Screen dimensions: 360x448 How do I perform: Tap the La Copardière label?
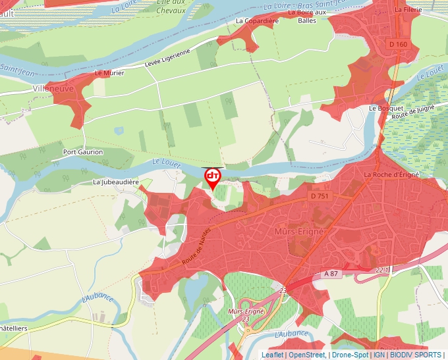(x=258, y=21)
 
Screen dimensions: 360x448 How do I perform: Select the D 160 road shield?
(x=398, y=44)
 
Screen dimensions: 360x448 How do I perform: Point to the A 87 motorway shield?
(x=331, y=273)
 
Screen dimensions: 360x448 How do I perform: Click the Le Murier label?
(x=109, y=73)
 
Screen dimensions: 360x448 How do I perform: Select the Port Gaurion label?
(x=83, y=152)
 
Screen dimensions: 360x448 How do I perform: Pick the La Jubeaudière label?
(x=116, y=182)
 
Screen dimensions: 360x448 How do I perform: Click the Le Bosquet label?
(x=381, y=108)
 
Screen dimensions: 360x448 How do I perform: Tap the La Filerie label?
(x=408, y=11)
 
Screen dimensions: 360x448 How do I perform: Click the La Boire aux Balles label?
(x=312, y=16)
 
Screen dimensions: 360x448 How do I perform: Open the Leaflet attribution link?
(x=272, y=355)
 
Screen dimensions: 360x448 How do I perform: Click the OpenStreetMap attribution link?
(x=306, y=355)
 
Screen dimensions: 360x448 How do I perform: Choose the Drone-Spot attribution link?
(x=350, y=355)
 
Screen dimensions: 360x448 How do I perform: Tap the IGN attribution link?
(x=379, y=355)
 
